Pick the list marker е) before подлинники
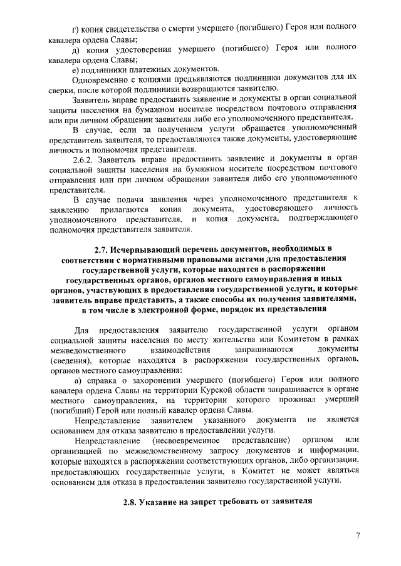click(x=76, y=69)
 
